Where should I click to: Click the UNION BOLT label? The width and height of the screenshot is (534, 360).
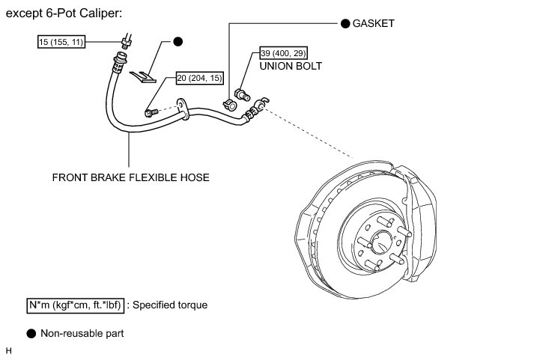291,66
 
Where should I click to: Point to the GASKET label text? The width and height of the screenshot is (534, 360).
373,23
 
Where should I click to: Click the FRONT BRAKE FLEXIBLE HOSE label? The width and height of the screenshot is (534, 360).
131,177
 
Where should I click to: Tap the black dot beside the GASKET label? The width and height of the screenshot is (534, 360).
345,23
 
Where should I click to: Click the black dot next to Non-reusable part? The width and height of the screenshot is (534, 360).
31,334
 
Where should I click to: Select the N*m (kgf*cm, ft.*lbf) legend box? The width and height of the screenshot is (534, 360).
75,305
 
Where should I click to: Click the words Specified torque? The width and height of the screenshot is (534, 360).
170,305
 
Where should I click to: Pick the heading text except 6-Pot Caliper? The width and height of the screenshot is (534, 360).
64,13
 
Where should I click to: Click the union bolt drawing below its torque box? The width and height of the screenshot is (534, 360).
242,94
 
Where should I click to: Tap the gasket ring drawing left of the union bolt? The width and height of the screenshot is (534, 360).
230,105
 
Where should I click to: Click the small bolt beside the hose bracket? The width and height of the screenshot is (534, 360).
151,112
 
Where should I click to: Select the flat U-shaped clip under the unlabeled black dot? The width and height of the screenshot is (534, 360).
143,76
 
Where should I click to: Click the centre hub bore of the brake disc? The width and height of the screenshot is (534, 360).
380,242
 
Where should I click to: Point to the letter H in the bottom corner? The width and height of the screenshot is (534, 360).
8,351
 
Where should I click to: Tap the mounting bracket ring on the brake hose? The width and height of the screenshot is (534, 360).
182,109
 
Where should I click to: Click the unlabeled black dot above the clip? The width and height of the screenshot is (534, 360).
178,41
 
